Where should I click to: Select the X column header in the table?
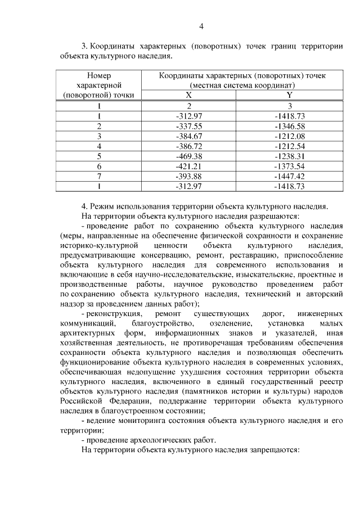point(189,95)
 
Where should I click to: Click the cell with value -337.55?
point(189,126)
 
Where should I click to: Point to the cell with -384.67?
point(189,136)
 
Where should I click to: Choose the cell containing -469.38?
point(189,156)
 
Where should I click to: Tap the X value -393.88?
point(189,176)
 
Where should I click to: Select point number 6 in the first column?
point(99,166)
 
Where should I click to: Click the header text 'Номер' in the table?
point(99,75)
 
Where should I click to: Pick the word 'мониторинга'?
point(138,420)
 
